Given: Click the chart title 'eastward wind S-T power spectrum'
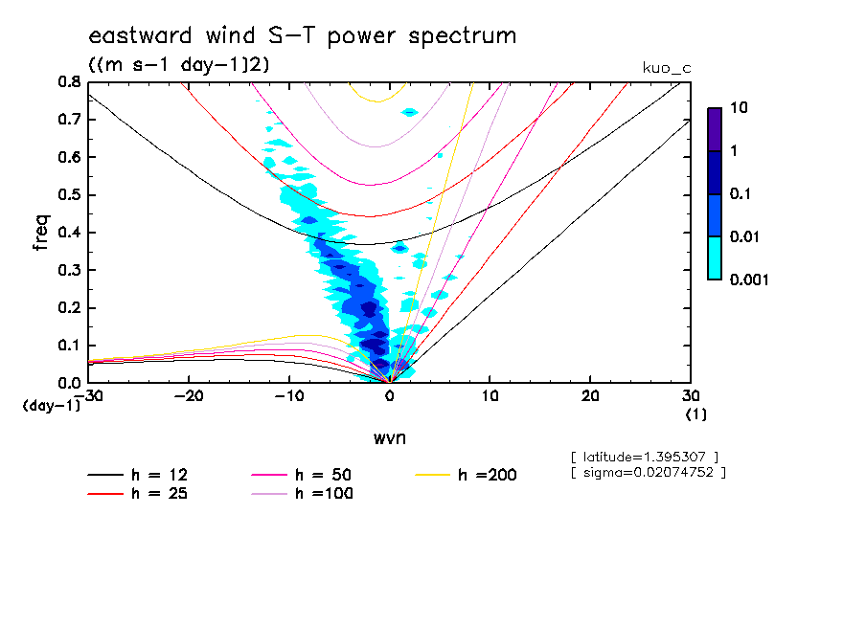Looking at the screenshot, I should coord(303,36).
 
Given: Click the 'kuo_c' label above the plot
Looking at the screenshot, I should coord(667,68).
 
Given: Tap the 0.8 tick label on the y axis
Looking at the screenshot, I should coord(68,82).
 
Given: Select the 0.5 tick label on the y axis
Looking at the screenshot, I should coord(68,195).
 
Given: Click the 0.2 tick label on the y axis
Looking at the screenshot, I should coord(68,308).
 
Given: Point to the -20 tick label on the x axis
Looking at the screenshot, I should coord(188,396).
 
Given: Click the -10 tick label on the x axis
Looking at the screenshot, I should coord(288,396).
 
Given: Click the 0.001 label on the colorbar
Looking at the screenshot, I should coord(750,279).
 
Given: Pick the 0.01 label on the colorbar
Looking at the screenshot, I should coord(746,237).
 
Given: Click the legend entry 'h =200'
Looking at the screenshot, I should coord(487,475).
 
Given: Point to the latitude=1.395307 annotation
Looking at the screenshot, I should coord(644,456).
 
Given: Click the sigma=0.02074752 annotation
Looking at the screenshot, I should coord(648,472).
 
